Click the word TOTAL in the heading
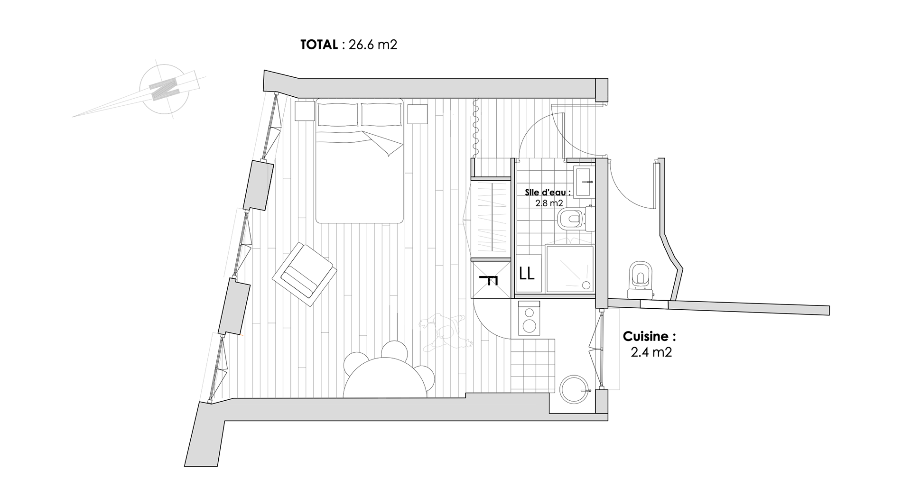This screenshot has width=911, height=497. tap(319, 45)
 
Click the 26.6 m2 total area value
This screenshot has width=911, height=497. tap(373, 45)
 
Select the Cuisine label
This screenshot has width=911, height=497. tap(649, 337)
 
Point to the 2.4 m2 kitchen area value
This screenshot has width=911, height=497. tap(651, 352)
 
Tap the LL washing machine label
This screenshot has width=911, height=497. tap(527, 274)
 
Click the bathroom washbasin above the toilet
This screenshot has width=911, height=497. tap(583, 181)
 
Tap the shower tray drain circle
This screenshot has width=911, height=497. tap(586, 285)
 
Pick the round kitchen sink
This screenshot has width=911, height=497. tap(575, 390)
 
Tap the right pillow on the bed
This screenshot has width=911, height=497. tap(381, 115)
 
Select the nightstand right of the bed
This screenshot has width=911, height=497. tap(418, 113)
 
